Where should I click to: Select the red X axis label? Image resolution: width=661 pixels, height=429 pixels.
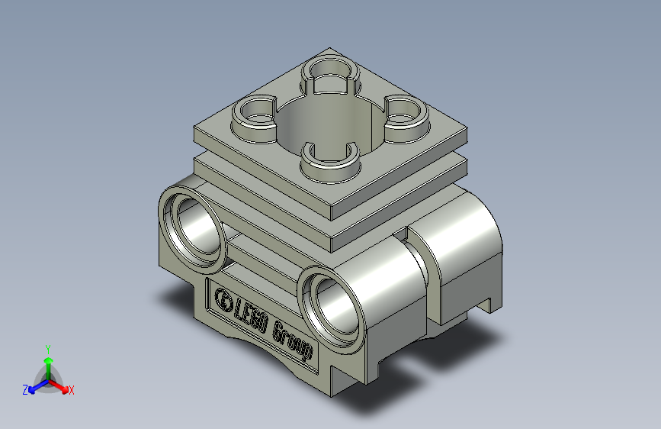pyautogui.click(x=72, y=391)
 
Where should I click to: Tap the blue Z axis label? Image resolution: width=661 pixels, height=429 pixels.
pyautogui.click(x=25, y=390)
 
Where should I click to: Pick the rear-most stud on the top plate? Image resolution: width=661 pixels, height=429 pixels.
pyautogui.click(x=331, y=73)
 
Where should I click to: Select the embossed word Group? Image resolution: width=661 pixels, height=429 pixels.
pyautogui.click(x=293, y=340)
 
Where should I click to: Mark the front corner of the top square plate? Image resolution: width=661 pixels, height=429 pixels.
pyautogui.click(x=332, y=208)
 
